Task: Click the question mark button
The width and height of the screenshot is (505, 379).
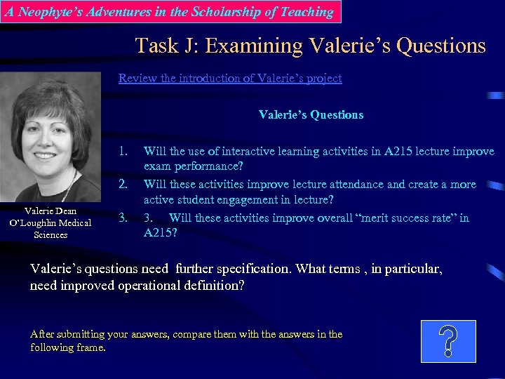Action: click(448, 341)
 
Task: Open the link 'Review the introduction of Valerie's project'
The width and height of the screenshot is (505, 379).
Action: click(230, 78)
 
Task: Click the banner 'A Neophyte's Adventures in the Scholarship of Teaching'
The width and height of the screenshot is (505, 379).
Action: click(170, 12)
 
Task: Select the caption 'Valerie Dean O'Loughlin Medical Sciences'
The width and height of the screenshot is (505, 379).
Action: click(50, 222)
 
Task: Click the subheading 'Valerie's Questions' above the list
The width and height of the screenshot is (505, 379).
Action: click(311, 114)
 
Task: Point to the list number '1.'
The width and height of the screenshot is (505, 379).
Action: click(123, 151)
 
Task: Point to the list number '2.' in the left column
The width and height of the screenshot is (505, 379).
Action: click(123, 185)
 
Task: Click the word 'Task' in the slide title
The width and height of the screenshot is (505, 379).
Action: click(158, 46)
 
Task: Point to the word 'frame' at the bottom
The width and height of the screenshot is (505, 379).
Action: click(90, 347)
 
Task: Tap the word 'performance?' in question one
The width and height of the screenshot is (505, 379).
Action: click(208, 167)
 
